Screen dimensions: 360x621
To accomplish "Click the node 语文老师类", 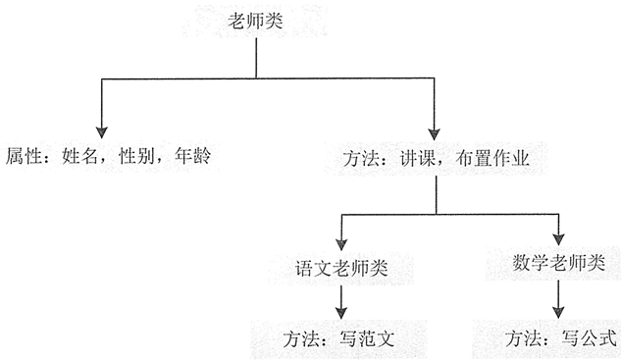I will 338,266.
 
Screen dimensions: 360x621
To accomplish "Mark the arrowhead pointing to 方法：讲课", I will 436,130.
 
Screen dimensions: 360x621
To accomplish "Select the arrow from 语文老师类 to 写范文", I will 339,300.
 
